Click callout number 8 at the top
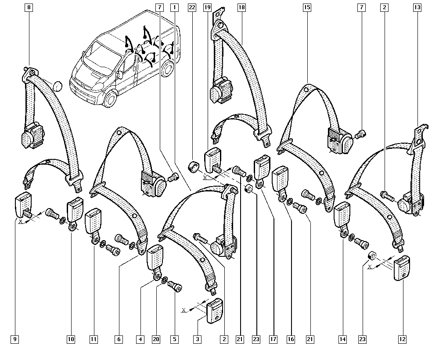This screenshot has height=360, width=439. coord(29,7)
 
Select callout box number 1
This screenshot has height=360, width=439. coord(175,7)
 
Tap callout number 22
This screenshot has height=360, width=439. coord(191,7)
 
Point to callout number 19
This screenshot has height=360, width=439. coord(208,7)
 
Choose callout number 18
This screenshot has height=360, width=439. coord(241,7)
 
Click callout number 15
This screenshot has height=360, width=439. coord(306,7)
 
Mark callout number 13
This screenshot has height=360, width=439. coord(417,7)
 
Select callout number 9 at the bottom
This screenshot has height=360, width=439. coord(15,339)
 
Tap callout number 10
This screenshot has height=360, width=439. coord(71,339)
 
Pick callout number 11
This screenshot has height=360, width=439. coord(93,339)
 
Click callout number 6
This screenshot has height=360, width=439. coord(119,339)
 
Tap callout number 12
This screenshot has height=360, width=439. coord(402,339)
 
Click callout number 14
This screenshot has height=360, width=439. coord(342,339)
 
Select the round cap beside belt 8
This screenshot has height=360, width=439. coord(57,86)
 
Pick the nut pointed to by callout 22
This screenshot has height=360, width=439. coord(192,167)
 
